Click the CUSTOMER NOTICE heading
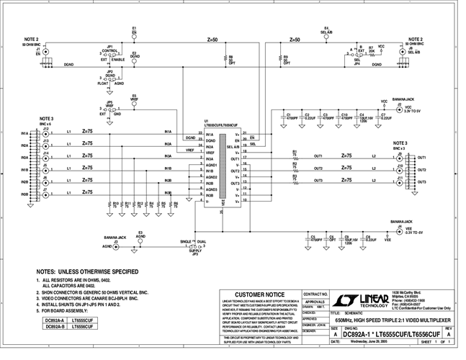pos(256,294)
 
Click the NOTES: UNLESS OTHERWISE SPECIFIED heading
pos(87,271)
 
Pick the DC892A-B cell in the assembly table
pos(54,327)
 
